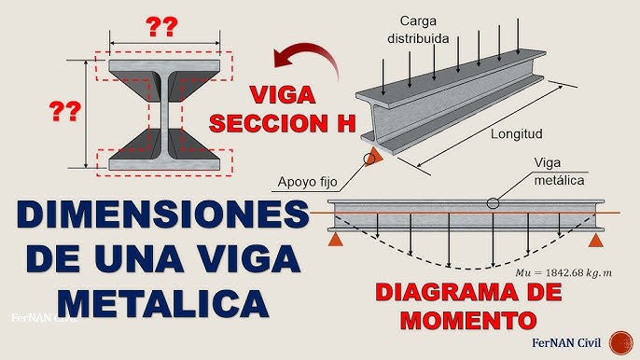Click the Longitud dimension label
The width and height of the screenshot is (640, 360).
(517, 133)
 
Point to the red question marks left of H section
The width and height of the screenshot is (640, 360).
(64, 114)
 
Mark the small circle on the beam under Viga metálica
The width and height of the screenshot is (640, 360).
(492, 202)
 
